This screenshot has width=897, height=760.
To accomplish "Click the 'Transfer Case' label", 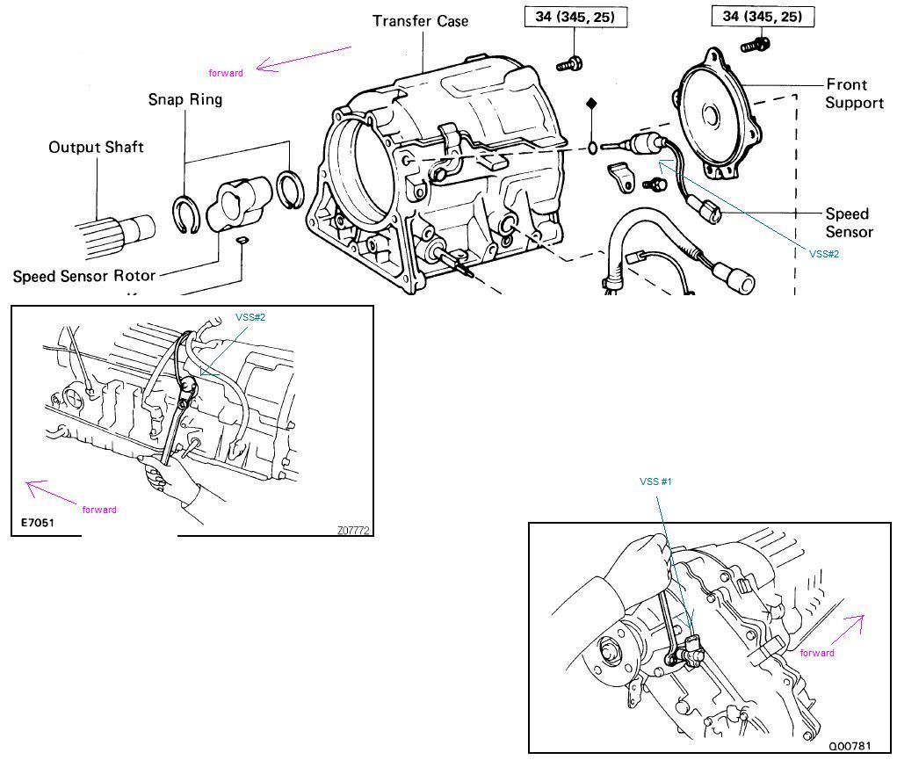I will pyautogui.click(x=420, y=20).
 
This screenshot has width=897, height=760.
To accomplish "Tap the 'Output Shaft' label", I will pyautogui.click(x=96, y=148).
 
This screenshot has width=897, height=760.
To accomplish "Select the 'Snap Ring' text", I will pyautogui.click(x=184, y=99).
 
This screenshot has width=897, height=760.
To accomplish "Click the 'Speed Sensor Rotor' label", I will pyautogui.click(x=84, y=276).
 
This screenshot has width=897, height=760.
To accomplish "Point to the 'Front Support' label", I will pyautogui.click(x=853, y=94).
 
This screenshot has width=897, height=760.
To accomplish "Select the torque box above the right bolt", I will pyautogui.click(x=762, y=17).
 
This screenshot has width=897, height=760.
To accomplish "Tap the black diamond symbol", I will pyautogui.click(x=591, y=104).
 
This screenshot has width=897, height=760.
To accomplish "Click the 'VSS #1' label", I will pyautogui.click(x=656, y=481).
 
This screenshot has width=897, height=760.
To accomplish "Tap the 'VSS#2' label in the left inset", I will pyautogui.click(x=250, y=317).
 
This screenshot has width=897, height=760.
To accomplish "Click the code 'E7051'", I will pyautogui.click(x=39, y=523).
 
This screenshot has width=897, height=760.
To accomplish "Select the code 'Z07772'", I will pyautogui.click(x=352, y=530).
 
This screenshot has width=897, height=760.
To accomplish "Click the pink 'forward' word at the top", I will pyautogui.click(x=226, y=73).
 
